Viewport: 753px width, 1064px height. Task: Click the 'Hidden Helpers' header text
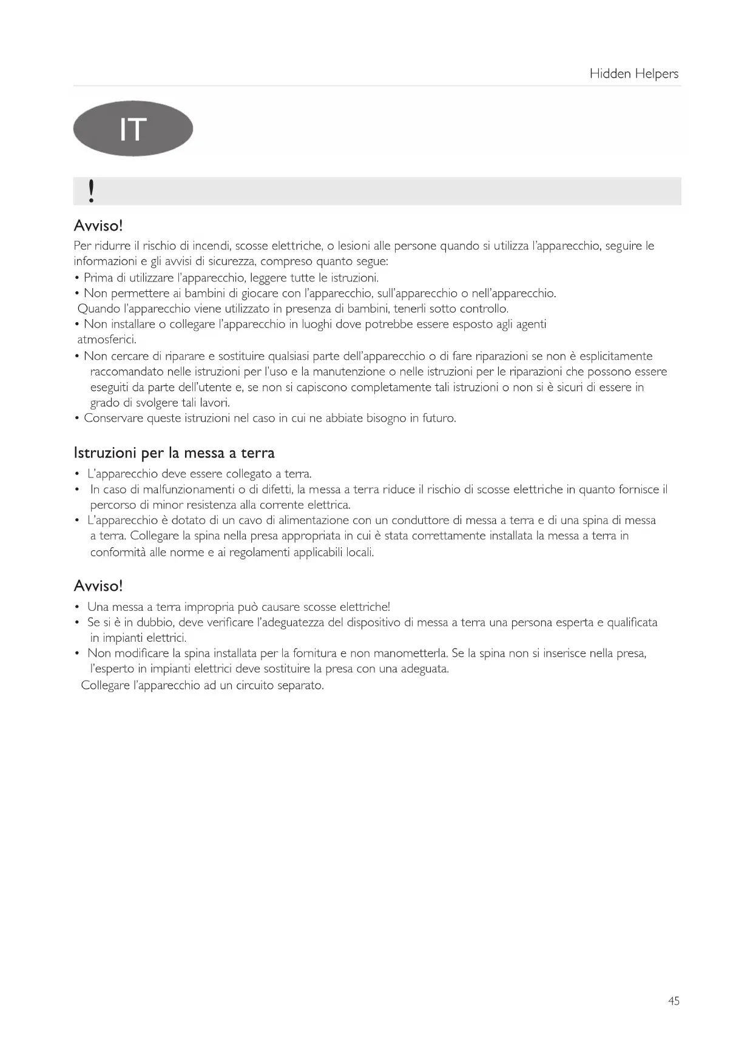pos(633,73)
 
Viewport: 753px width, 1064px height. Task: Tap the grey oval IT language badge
pos(133,129)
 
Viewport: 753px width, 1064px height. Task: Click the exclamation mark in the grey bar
pos(91,191)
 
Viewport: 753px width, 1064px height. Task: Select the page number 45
pos(674,1001)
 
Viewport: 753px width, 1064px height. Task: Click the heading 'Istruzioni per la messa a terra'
pos(174,453)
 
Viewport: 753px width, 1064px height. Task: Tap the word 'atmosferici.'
pos(107,340)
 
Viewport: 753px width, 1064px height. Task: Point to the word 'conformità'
pos(118,552)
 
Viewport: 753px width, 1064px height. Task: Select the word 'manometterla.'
pos(411,653)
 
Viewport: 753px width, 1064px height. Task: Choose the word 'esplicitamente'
pos(616,356)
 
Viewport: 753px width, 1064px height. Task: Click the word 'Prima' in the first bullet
pos(98,278)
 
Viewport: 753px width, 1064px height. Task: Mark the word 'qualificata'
pos(632,622)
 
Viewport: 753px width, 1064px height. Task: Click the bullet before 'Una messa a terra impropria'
pos(77,607)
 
